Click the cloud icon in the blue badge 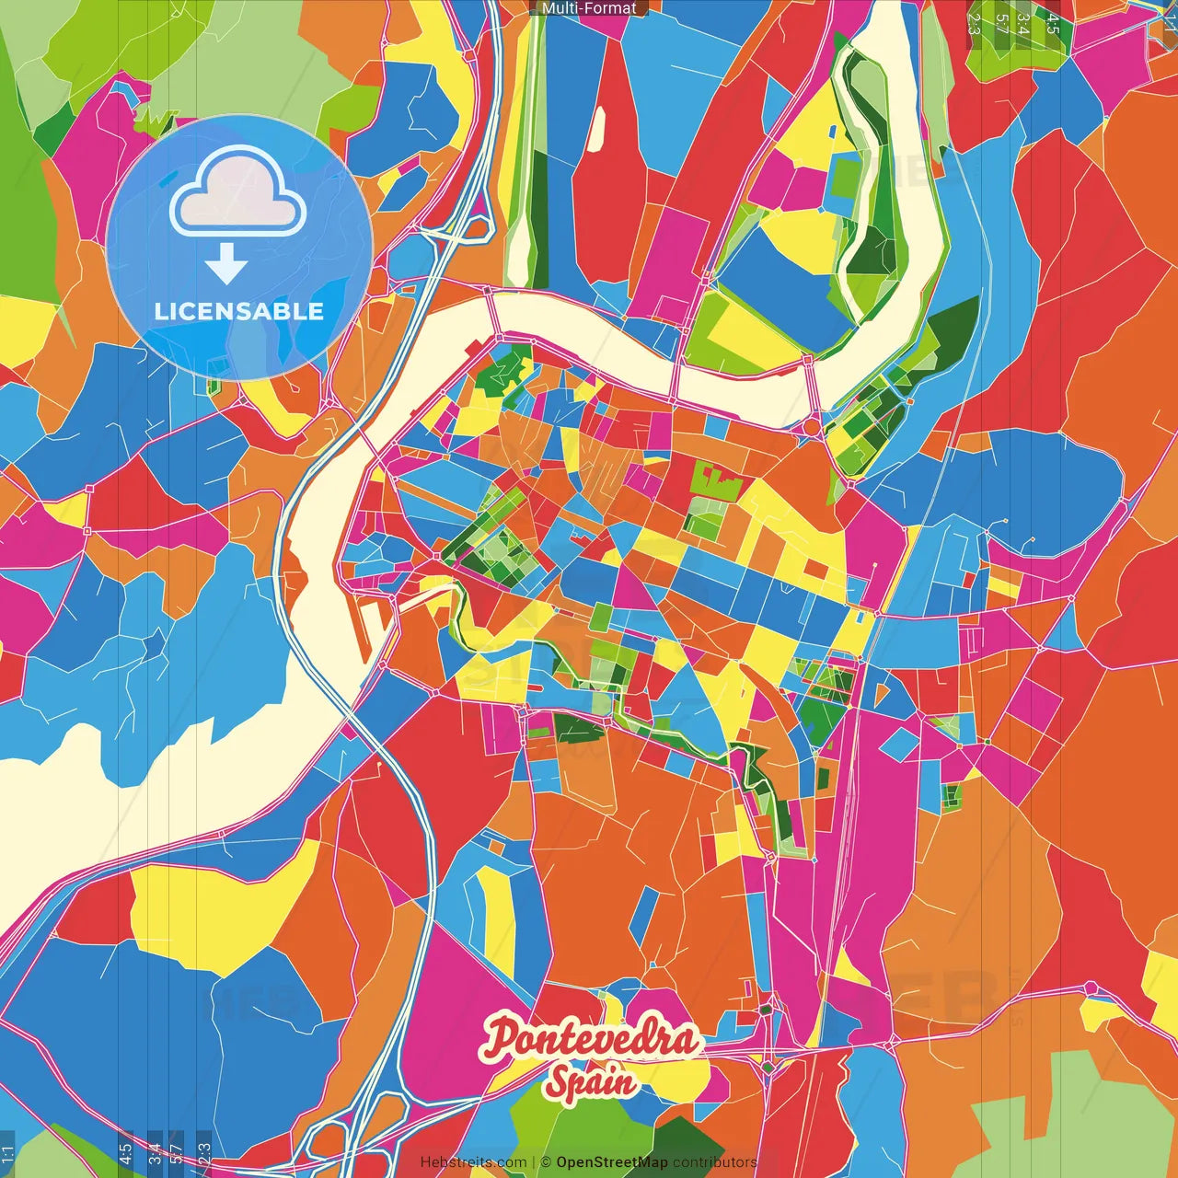pos(237,194)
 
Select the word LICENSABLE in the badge pos(238,311)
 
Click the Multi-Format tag pos(589,8)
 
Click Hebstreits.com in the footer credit pos(473,1162)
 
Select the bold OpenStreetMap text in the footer pos(611,1162)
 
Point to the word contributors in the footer pos(714,1162)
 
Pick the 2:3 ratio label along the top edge pos(974,23)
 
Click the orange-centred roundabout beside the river pos(811,427)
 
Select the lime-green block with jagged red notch pos(715,482)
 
